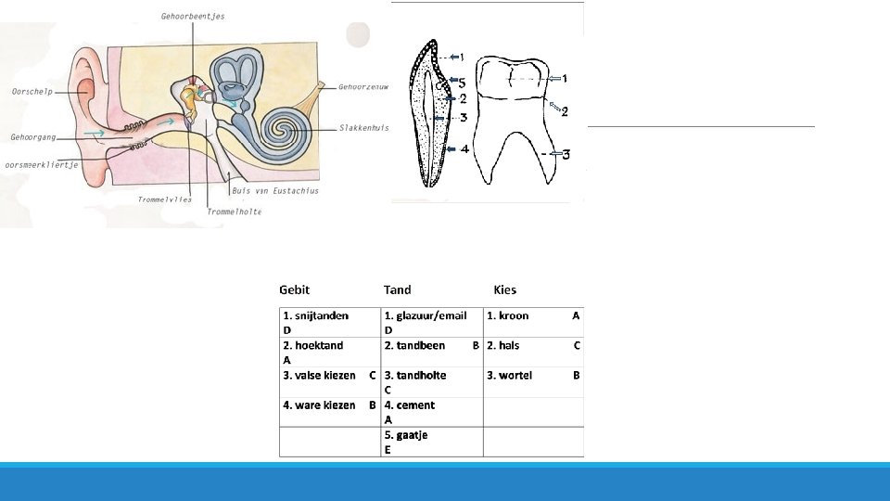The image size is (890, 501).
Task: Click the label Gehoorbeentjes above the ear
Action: coord(193,17)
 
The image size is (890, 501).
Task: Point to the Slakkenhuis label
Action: coord(363,128)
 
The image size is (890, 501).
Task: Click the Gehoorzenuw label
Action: coord(363,87)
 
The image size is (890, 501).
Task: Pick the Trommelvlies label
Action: coord(165,199)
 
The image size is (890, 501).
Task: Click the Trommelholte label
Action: coord(234,212)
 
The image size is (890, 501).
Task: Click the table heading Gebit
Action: coord(294,289)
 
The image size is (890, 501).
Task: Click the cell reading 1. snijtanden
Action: coord(316,315)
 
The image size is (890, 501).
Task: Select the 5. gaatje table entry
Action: coord(406,434)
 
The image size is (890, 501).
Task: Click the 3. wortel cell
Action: coord(510,375)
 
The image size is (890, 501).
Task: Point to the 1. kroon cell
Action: coord(508,315)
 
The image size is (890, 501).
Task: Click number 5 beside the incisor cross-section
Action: coord(462,83)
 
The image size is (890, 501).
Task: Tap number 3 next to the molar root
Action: coord(565,154)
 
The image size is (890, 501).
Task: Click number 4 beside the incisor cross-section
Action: coord(464,148)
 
